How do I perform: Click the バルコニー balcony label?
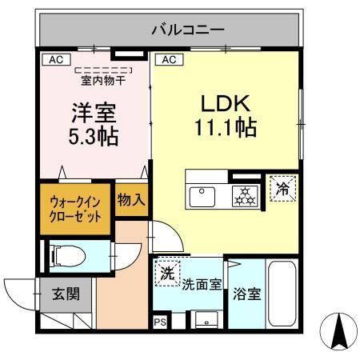[189, 31]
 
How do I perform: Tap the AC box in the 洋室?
[56, 59]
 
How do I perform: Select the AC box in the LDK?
[169, 59]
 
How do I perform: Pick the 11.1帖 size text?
[224, 127]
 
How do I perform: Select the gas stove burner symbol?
[242, 195]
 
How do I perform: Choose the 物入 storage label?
[130, 200]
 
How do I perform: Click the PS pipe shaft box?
[158, 322]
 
